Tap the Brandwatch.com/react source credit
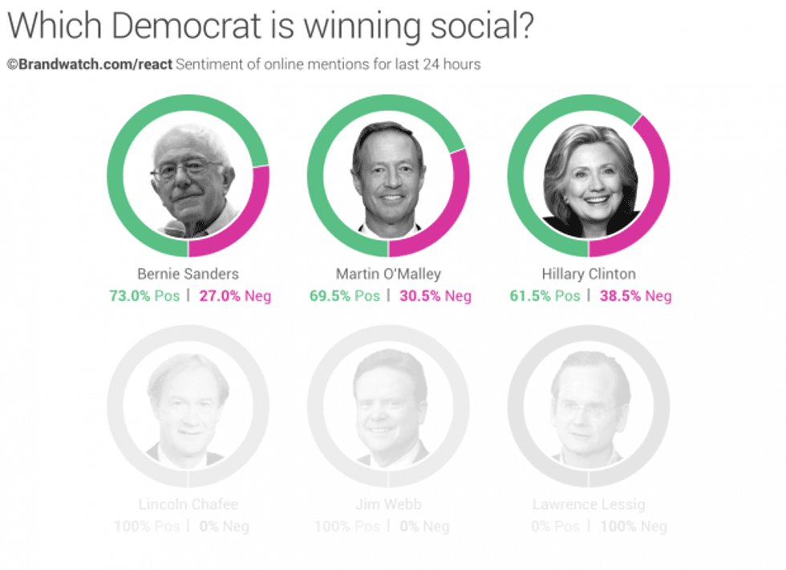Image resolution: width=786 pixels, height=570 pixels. [x=90, y=63]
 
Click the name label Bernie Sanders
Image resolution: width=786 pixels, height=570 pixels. [x=188, y=274]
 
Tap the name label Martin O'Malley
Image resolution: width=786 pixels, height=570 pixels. [x=388, y=274]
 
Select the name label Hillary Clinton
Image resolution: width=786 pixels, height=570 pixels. [x=589, y=274]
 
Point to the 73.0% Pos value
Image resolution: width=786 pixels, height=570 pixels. [x=144, y=295]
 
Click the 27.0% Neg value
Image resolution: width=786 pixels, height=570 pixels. [x=234, y=295]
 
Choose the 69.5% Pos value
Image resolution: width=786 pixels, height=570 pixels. [x=345, y=295]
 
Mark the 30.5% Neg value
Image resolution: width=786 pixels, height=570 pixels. [x=435, y=295]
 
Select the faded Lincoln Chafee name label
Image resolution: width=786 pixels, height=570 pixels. [x=188, y=505]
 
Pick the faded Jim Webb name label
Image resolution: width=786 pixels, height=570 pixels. [x=388, y=505]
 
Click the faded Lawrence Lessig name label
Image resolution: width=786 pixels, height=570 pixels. [x=589, y=505]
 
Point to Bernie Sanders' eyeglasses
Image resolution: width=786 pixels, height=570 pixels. [x=186, y=169]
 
